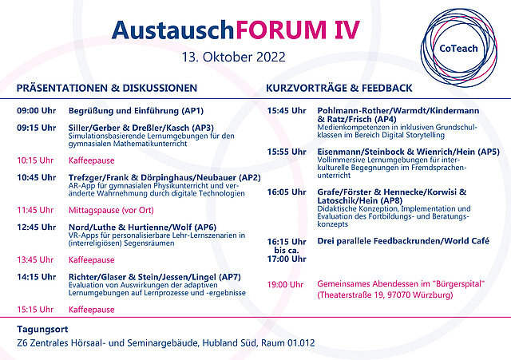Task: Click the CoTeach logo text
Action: (x=458, y=49)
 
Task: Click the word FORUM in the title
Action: (x=280, y=30)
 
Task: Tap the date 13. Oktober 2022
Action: (x=233, y=57)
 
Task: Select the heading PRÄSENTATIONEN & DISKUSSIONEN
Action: (x=107, y=88)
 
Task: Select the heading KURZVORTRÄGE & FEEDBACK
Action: (x=339, y=88)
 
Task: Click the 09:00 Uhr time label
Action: (x=37, y=111)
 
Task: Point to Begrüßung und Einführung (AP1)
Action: (x=136, y=111)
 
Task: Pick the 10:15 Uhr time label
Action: (x=35, y=160)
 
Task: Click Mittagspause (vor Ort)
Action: (x=111, y=211)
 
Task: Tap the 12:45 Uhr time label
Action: (x=37, y=227)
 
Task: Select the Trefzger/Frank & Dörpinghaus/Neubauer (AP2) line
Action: (x=164, y=178)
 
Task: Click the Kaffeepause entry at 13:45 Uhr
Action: (x=92, y=260)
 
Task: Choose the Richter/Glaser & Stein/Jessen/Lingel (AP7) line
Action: (x=154, y=277)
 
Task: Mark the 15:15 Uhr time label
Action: (x=35, y=310)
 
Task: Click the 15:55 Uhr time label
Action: (x=287, y=152)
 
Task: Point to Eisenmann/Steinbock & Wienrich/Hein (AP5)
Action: (x=408, y=152)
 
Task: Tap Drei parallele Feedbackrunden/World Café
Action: (x=403, y=241)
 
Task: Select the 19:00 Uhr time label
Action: (x=286, y=285)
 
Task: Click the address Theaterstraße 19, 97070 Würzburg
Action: (x=385, y=295)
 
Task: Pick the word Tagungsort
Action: (x=42, y=330)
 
